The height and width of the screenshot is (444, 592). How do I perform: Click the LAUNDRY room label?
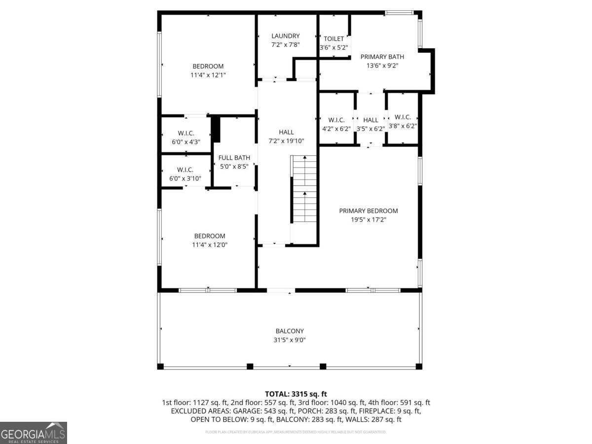285,36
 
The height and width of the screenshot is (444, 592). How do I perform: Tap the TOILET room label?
333,39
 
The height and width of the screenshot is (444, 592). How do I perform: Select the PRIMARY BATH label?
382,57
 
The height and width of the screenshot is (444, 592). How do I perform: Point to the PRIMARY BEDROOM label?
368,211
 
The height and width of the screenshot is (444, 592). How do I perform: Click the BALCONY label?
290,331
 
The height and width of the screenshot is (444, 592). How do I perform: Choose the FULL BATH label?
234,158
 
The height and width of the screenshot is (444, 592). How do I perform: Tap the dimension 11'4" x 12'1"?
208,75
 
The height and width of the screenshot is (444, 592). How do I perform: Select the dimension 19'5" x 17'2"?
368,220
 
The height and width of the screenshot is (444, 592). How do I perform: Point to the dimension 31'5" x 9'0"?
290,340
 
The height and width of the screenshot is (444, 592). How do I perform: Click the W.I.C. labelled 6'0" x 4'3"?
186,133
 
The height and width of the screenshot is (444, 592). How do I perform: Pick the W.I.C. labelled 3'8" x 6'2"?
403,117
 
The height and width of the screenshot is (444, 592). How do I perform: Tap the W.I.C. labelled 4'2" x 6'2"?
336,120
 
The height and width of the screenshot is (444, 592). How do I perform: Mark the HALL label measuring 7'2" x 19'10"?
286,132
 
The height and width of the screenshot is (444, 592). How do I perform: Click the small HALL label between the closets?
370,120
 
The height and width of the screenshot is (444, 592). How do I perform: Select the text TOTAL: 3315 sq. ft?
296,394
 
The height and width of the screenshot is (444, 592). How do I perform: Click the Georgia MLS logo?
34,433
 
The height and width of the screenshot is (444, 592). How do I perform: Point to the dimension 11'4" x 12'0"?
210,245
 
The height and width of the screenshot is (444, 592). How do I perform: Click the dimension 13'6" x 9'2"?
382,65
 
